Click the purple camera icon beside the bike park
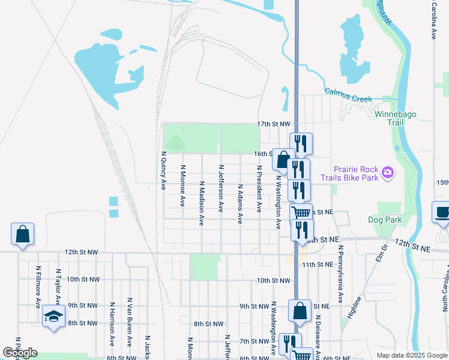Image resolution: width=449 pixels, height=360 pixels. click(x=388, y=173)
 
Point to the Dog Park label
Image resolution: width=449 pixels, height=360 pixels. click(x=385, y=220)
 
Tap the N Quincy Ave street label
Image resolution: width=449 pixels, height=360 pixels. click(x=163, y=171)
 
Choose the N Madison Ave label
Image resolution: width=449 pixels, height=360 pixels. click(x=202, y=203)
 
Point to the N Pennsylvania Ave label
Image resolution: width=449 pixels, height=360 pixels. click(x=340, y=273)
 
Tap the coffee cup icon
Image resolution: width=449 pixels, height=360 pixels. click(x=442, y=213)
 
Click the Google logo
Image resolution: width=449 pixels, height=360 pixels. click(x=20, y=352)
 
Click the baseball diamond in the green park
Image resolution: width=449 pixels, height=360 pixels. click(x=175, y=143)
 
